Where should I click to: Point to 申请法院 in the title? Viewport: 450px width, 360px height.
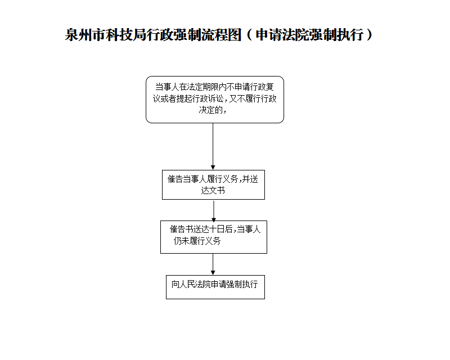pos(283,35)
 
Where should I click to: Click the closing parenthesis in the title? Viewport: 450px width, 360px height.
pos(369,35)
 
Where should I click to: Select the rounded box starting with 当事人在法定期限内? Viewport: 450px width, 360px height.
pos(214,99)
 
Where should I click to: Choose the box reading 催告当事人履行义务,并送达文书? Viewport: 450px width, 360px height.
pos(213,184)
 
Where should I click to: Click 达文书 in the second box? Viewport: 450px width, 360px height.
pos(213,191)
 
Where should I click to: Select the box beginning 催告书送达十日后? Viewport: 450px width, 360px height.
pos(213,236)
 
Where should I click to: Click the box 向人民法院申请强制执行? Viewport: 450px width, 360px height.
pos(215,287)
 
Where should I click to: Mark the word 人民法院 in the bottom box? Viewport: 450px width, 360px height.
pos(193,285)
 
